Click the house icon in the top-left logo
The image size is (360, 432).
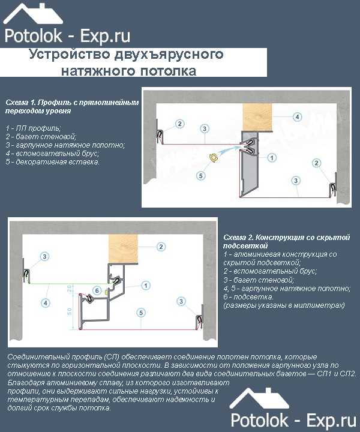(x=33, y=14)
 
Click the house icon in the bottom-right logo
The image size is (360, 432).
(x=259, y=398)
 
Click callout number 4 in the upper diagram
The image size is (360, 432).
(x=297, y=116)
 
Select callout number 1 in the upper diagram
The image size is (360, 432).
(x=272, y=158)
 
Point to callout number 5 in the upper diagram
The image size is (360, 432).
(x=201, y=175)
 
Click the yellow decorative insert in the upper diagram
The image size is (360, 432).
(x=213, y=157)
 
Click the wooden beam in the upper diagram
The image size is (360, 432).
(x=257, y=116)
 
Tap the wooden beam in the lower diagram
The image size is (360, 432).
(x=123, y=248)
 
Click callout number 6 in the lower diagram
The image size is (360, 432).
(x=97, y=290)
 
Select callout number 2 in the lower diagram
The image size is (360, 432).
(x=161, y=247)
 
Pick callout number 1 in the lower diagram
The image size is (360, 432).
(x=146, y=286)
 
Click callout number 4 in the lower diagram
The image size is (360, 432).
(x=46, y=303)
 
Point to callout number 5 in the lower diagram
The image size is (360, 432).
(x=141, y=313)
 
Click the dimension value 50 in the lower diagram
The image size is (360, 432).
(x=70, y=311)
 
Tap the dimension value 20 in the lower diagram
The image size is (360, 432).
(x=70, y=289)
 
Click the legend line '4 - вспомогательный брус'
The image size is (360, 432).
(x=52, y=153)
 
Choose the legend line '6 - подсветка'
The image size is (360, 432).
(x=248, y=297)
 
